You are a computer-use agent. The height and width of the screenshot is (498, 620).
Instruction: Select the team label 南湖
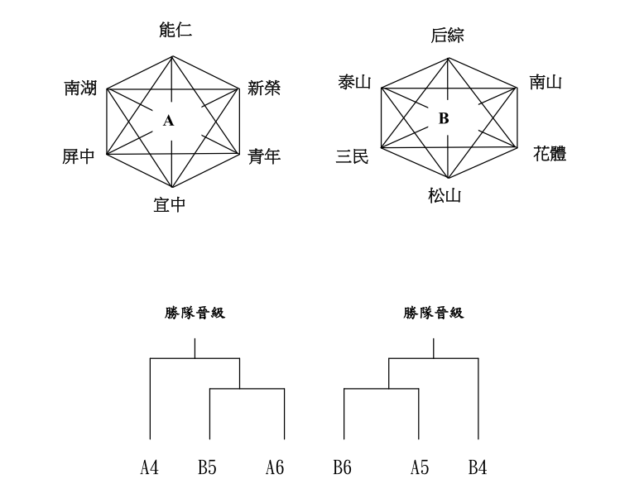coord(80,88)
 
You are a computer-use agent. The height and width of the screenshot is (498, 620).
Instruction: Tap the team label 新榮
coord(264,88)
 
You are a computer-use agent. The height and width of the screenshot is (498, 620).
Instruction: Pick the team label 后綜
coord(448,35)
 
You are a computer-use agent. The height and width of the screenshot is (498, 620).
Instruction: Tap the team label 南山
coord(546,81)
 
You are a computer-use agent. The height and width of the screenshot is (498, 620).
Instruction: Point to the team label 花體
coord(550,154)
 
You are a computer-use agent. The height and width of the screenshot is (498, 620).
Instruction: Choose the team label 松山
coord(445,197)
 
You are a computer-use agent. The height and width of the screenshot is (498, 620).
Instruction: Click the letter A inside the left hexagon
coord(169,122)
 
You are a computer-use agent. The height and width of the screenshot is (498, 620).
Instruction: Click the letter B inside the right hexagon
coord(444,119)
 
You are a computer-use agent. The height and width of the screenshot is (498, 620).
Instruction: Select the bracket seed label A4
coord(149,469)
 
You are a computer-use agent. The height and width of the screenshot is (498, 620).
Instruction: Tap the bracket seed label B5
coord(208,469)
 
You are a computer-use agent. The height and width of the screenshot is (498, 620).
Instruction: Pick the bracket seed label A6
coord(276,469)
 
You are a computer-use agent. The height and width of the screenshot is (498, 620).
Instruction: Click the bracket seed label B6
coord(343,469)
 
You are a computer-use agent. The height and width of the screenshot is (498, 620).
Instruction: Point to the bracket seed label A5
coord(419,469)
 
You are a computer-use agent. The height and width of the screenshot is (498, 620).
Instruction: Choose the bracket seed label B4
coord(478,469)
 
